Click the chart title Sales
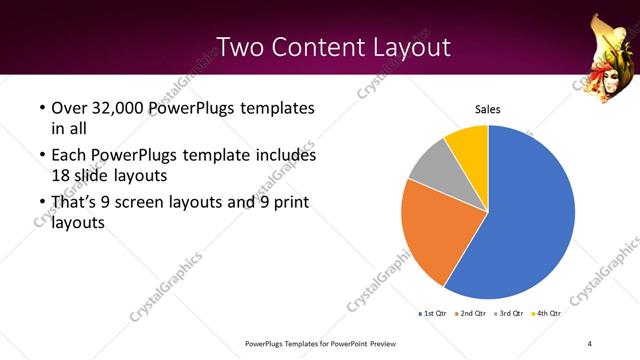pos(487,110)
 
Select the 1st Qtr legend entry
pos(433,314)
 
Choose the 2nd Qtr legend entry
pos(472,314)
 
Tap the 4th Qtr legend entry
pos(548,314)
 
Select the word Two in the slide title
pos(241,46)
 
